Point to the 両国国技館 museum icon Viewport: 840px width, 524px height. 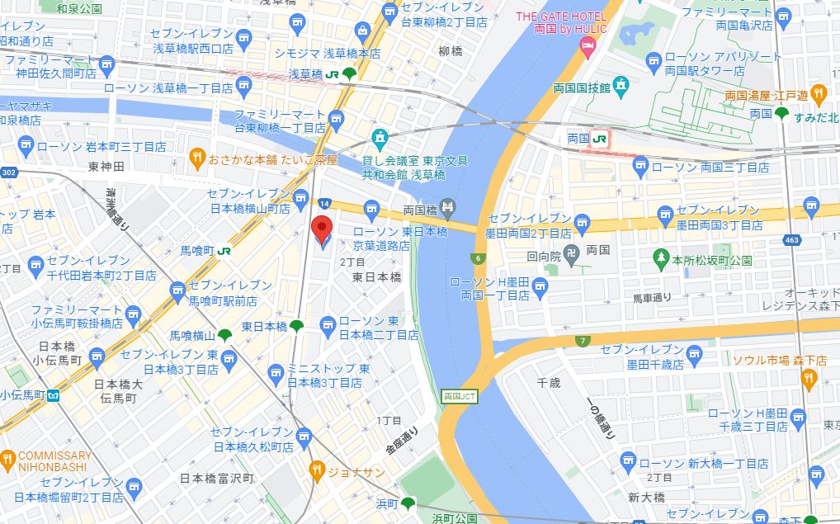pos(621,85)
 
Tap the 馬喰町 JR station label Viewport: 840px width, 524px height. pos(197,249)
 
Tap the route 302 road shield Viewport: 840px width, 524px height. pos(9,172)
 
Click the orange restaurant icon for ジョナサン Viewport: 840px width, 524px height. pos(316,471)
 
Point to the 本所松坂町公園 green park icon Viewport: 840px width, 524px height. pos(660,258)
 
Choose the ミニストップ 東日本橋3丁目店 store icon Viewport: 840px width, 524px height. pos(278,376)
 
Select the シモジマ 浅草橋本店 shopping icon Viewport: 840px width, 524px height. pos(361,31)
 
